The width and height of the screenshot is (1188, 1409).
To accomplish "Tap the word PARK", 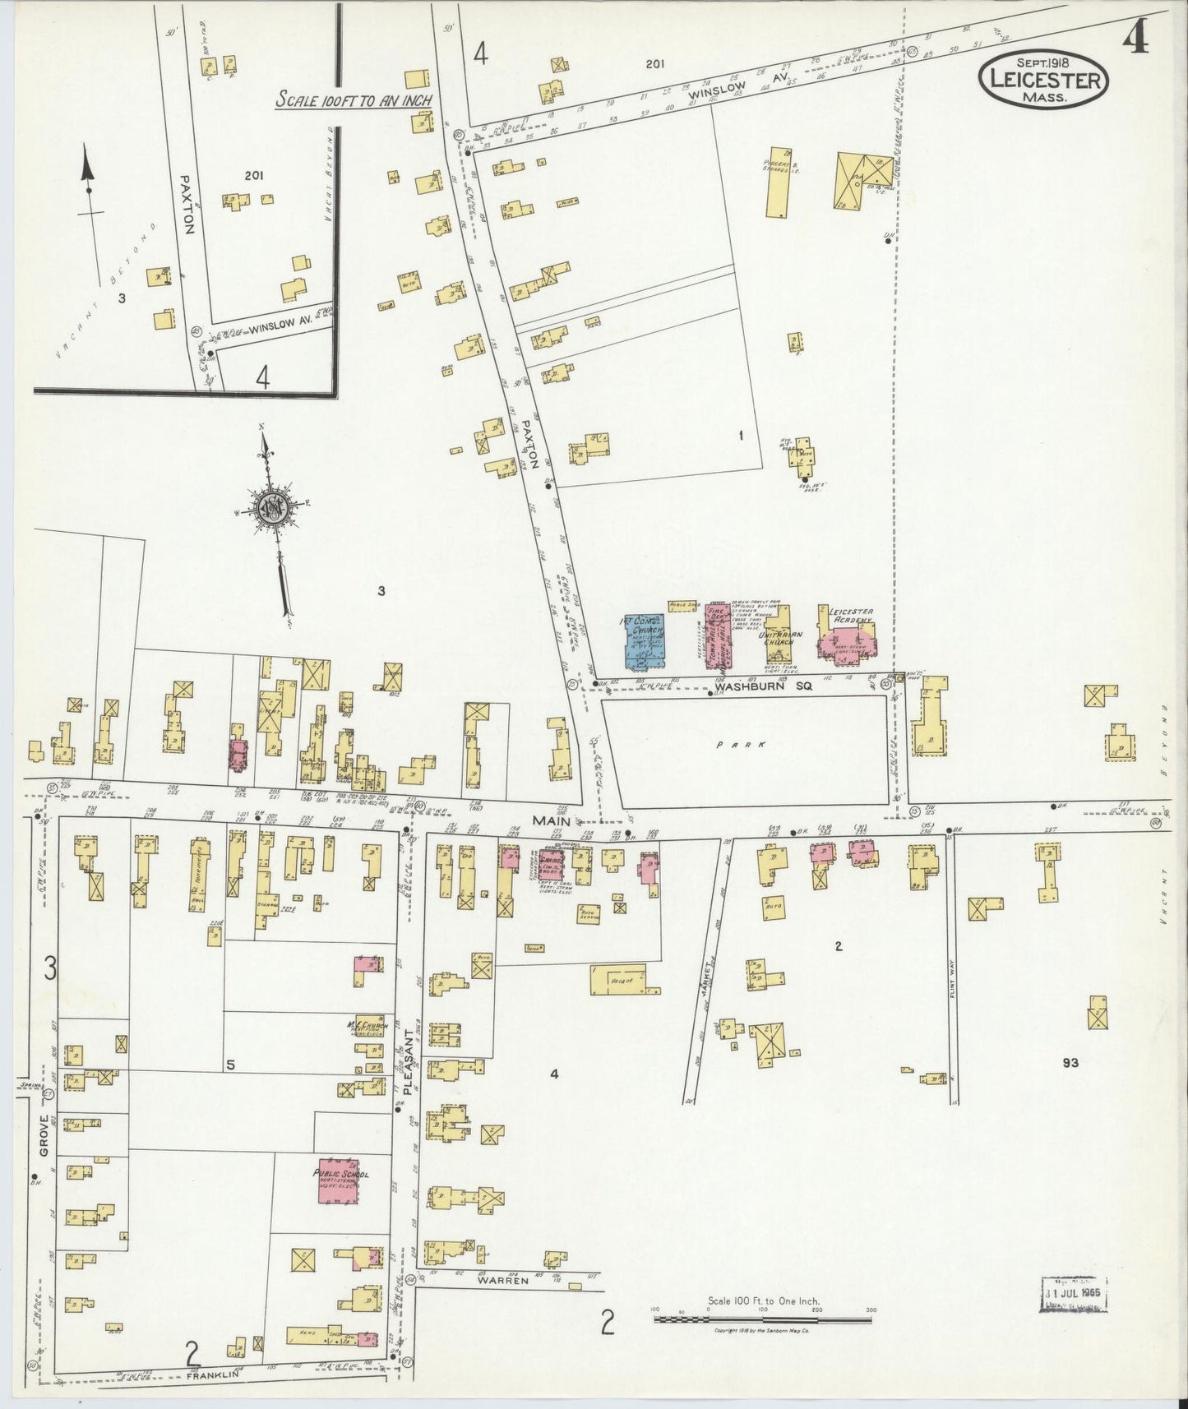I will click(740, 744).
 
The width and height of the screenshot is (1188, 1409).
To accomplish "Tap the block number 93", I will click(1070, 1062).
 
